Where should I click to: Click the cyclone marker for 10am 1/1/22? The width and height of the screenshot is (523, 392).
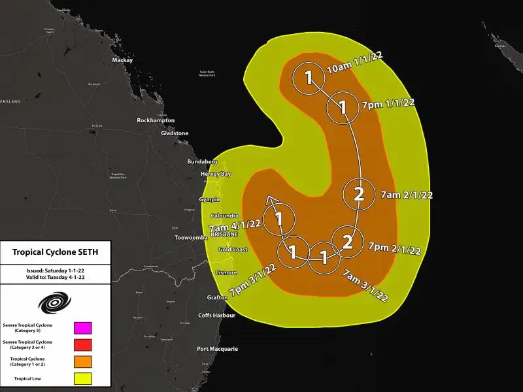coord(308,79)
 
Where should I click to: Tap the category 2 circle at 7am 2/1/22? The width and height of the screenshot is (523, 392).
coord(358,193)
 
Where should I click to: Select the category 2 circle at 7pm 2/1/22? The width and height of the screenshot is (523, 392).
coord(347,242)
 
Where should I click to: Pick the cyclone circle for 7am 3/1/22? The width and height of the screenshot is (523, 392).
coord(324,256)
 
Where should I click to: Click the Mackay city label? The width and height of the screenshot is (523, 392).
coord(122,60)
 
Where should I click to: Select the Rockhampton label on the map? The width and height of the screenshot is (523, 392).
coord(156,121)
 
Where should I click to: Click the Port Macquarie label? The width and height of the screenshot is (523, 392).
coord(218,349)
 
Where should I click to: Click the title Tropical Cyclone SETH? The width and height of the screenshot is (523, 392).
coord(56,252)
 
